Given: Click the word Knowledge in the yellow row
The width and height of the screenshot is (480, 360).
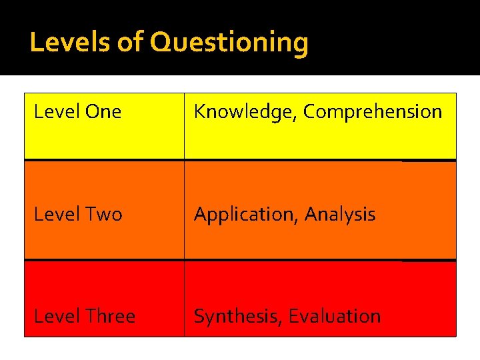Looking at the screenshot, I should click(245, 112).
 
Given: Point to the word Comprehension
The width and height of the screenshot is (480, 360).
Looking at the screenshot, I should click(373, 113).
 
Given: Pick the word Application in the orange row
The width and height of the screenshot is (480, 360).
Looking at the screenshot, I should click(246, 215).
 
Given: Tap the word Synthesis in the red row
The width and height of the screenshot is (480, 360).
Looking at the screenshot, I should click(237, 316).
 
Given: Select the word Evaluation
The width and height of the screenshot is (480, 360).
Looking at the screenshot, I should click(335, 316).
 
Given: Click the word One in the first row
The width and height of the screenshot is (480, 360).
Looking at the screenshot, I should click(103, 112).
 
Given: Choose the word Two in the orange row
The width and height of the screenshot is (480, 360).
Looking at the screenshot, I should click(104, 215).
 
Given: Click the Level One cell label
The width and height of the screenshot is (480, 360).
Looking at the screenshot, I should click(77, 112).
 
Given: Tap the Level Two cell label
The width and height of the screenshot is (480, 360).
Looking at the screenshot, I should click(78, 215).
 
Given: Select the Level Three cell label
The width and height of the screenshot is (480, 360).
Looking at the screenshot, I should click(85, 316).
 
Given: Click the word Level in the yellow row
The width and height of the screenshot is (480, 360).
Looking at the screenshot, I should click(57, 112).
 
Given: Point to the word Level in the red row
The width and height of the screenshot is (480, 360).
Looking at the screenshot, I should click(57, 316).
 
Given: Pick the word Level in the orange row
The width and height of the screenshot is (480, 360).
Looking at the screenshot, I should click(57, 215).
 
